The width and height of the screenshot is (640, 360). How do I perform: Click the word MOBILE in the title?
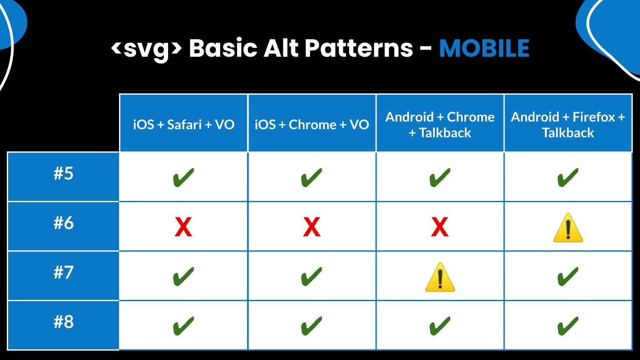484,48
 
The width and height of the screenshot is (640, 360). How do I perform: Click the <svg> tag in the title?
146,49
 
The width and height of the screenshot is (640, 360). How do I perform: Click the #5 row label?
64,174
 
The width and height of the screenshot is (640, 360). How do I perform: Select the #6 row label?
64,223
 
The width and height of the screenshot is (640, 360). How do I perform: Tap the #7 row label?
64,272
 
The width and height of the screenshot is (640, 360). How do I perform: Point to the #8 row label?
64,322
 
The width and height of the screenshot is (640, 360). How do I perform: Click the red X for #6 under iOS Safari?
183,227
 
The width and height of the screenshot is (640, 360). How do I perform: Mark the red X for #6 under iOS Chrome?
312,227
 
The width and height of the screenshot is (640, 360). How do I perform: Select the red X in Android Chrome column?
440,227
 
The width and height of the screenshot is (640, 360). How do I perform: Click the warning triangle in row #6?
568,228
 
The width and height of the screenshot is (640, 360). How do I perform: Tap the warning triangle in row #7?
440,277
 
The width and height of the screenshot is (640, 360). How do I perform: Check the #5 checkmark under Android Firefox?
568,177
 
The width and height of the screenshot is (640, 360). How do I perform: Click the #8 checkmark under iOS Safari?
183,326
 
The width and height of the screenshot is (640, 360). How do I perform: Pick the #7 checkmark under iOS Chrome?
311,276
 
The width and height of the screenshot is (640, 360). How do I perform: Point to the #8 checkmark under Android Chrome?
440,326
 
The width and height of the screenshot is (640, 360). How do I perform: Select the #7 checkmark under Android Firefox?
568,276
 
